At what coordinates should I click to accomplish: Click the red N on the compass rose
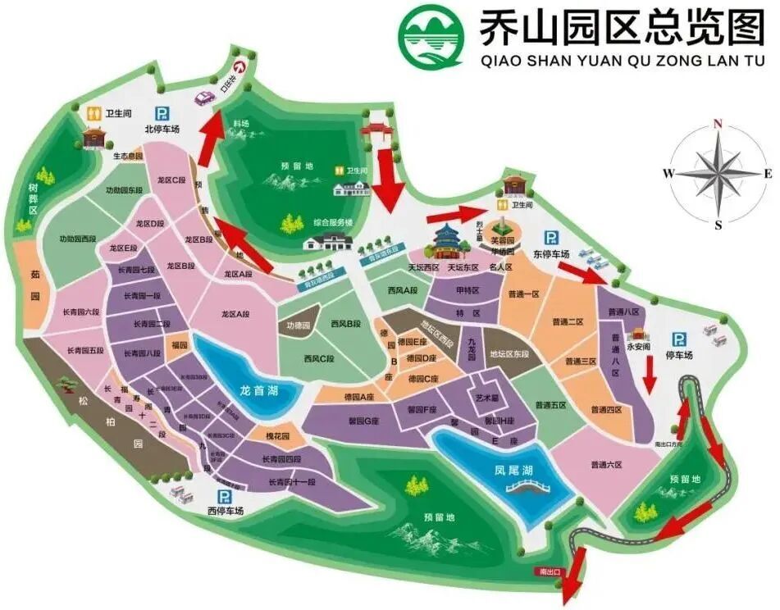[718, 124]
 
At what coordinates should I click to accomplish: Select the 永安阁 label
[638, 346]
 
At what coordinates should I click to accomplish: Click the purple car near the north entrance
[204, 98]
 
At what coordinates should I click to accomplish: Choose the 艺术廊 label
[487, 397]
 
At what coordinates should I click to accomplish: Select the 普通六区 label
[606, 465]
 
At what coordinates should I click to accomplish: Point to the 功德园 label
[299, 325]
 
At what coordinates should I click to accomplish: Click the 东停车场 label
[551, 255]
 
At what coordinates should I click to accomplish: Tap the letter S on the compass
[718, 224]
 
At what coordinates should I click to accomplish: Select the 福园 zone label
[179, 346]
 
